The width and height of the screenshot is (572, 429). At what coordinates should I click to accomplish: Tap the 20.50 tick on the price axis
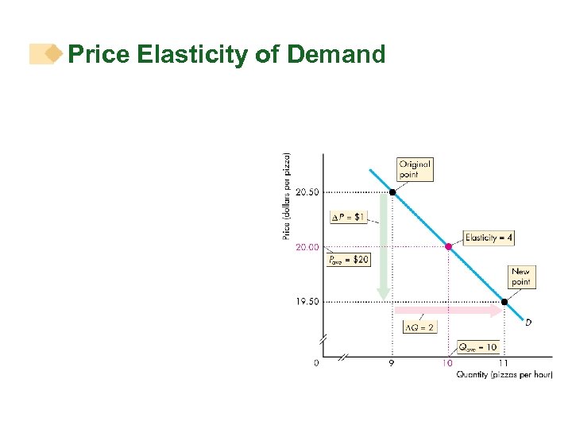tap(307, 192)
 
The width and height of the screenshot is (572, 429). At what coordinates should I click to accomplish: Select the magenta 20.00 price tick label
tap(307, 247)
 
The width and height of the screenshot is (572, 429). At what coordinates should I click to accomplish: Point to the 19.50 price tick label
tap(307, 302)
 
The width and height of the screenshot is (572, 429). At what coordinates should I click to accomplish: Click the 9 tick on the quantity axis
tap(392, 363)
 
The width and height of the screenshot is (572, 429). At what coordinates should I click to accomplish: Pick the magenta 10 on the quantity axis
tap(448, 363)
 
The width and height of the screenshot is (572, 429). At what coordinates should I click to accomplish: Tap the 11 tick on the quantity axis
tap(504, 363)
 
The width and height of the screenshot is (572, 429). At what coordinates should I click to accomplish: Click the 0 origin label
tap(316, 363)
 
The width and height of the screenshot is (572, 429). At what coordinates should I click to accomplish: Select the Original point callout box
tap(415, 169)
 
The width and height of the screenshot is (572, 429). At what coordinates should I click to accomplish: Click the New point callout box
tap(521, 276)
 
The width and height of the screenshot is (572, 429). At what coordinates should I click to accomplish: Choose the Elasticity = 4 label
tap(489, 238)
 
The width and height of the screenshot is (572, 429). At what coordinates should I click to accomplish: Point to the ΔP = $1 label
tap(349, 217)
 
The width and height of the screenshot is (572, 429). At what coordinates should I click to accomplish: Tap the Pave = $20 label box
tap(349, 259)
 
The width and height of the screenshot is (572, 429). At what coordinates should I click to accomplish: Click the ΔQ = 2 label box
tap(420, 327)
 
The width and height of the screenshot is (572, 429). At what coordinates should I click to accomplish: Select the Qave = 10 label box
tap(477, 347)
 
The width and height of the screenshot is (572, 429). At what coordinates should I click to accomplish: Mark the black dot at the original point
tap(392, 192)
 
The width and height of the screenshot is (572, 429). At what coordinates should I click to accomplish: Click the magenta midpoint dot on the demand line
tap(448, 247)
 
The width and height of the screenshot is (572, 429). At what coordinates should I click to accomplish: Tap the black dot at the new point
tap(504, 302)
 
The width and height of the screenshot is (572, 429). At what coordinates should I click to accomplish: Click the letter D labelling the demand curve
tap(528, 322)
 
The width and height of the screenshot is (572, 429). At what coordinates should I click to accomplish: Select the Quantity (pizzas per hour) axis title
tap(504, 375)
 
